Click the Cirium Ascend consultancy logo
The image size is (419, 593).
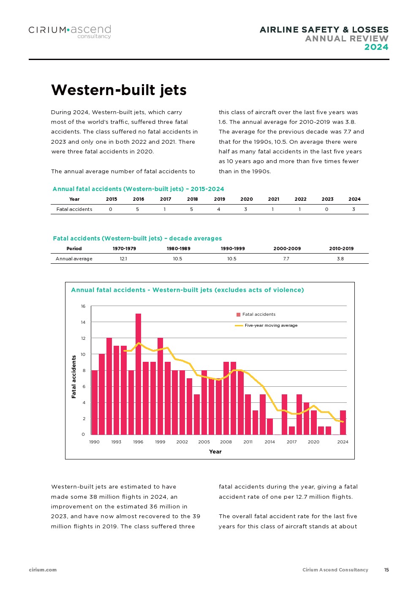70,31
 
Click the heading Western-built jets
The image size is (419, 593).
119,90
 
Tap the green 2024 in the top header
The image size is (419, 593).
376,47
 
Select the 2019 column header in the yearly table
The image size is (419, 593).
219,199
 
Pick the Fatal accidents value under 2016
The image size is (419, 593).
138,209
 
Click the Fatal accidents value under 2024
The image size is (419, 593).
354,209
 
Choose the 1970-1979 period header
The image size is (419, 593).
124,249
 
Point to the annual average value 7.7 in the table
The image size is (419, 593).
286,259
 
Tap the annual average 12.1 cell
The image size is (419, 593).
123,259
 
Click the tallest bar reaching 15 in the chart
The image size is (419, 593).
138,374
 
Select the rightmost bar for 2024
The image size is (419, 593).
343,422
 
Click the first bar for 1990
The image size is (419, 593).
95,402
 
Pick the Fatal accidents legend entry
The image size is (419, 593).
256,314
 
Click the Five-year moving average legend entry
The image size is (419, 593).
267,325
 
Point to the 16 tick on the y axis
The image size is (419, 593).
83,306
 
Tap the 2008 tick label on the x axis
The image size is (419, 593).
226,442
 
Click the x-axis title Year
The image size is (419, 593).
215,452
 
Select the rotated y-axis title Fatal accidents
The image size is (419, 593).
74,377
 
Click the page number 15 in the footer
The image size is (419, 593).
386,570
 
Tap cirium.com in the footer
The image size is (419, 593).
43,570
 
